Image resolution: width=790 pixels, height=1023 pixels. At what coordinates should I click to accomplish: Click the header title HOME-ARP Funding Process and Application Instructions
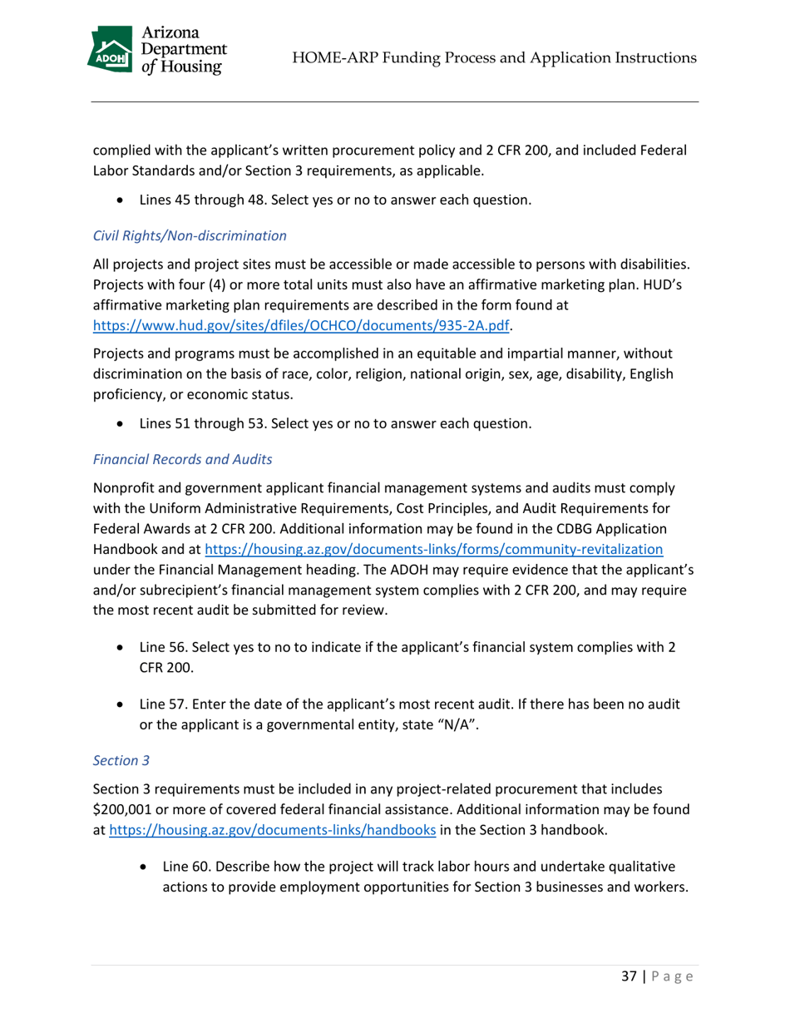pos(496,57)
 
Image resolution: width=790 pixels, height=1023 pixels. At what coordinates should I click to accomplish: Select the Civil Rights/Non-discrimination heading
pos(189,235)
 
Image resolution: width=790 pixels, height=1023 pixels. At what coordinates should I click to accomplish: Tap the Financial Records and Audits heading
pos(182,460)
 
